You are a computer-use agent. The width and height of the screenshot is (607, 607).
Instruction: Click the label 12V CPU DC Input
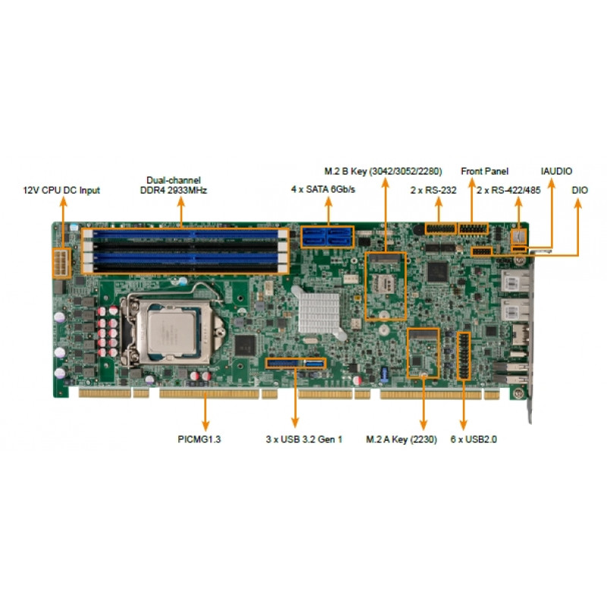tap(61, 190)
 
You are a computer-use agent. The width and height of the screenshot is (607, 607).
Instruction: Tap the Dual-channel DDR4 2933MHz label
tap(174, 185)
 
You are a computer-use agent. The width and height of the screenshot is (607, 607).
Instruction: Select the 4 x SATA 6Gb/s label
tap(323, 189)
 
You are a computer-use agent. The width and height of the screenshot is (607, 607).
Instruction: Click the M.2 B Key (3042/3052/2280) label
tap(383, 171)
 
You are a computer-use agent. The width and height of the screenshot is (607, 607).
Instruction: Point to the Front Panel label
tap(484, 171)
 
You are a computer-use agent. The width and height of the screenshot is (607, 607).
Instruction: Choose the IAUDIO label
tap(556, 171)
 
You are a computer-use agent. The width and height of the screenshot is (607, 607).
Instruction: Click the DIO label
tap(580, 190)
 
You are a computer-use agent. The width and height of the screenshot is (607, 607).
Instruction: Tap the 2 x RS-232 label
tap(433, 190)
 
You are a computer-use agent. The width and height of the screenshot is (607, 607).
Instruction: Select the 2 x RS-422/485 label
tap(508, 190)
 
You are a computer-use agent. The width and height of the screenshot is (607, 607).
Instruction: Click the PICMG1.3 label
tap(199, 439)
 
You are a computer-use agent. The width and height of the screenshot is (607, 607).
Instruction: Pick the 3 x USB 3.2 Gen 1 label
tap(304, 439)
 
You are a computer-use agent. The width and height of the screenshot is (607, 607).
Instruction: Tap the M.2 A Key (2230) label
tap(401, 439)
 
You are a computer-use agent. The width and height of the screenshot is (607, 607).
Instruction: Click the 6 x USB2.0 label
tap(473, 439)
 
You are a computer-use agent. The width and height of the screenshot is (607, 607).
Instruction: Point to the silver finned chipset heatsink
tap(319, 313)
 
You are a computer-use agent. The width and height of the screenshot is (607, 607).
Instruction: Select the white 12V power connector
tap(61, 263)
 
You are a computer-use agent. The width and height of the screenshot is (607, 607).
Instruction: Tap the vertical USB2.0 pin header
tap(464, 356)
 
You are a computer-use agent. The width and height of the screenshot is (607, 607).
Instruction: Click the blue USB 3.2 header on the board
tap(296, 363)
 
